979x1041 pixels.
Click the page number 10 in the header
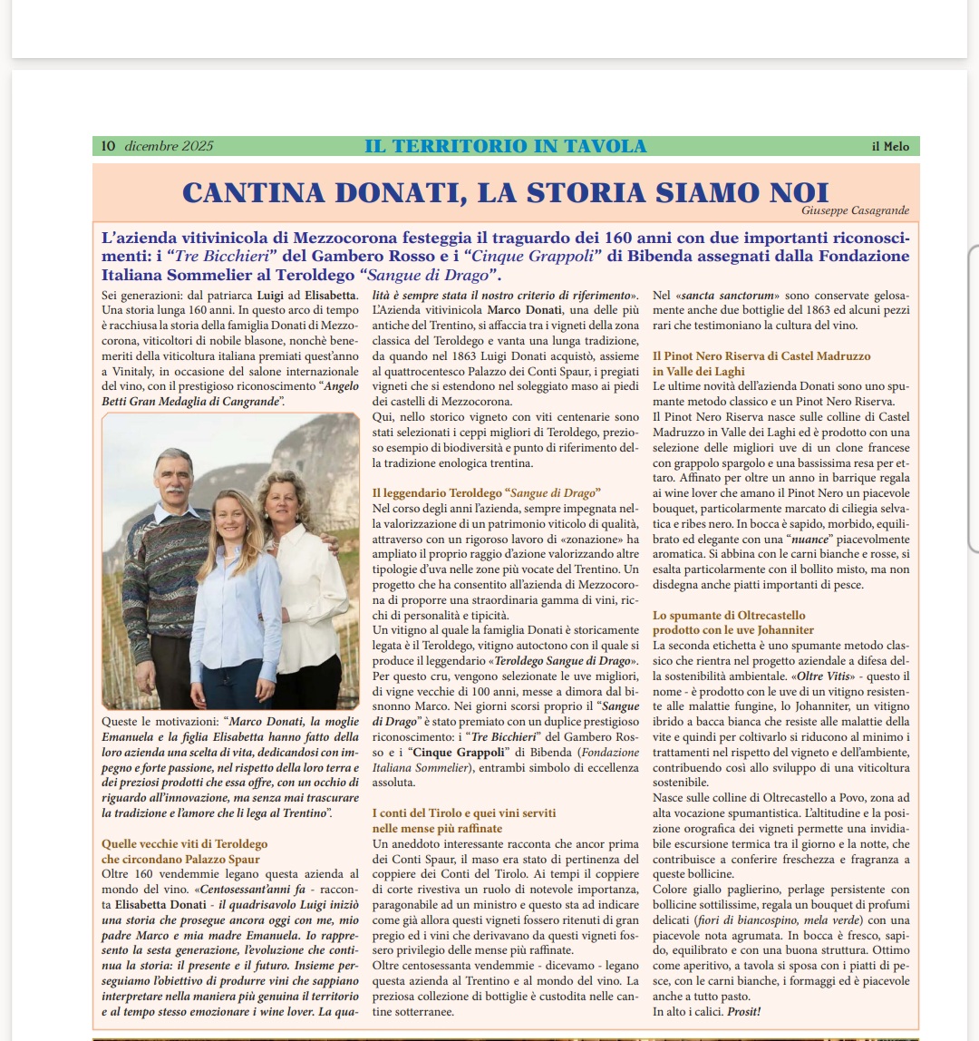click(108, 146)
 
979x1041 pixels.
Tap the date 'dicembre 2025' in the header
click(169, 146)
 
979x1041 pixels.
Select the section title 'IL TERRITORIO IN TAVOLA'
click(506, 146)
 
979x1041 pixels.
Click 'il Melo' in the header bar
click(890, 147)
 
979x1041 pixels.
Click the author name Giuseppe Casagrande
click(855, 210)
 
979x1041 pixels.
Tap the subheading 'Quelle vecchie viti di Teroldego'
click(184, 843)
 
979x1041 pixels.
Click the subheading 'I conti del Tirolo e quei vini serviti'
click(464, 813)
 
